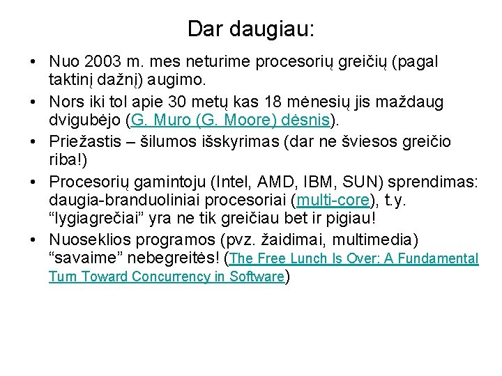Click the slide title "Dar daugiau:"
click(251, 29)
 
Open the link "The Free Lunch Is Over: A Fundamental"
click(354, 259)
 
